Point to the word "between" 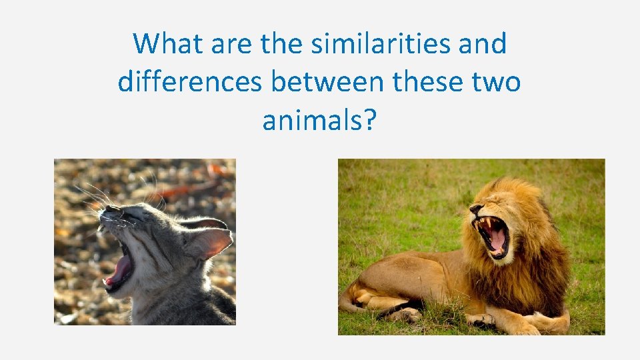coord(327,83)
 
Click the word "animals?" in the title coord(319,121)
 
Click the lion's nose coord(474,210)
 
